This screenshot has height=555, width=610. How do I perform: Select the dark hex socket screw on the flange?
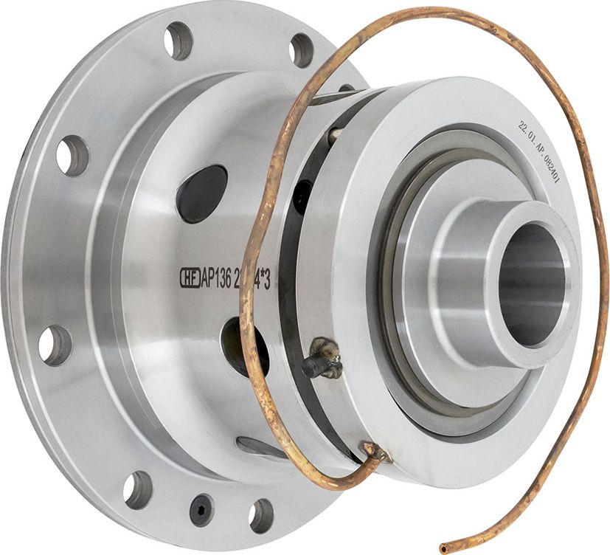pos(202,510)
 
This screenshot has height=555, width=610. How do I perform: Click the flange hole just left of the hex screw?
pos(137,489)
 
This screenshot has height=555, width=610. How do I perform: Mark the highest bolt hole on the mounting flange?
pos(179,41)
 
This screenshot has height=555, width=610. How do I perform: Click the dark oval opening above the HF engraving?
pos(202,194)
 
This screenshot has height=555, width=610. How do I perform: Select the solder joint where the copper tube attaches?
pos(370,451)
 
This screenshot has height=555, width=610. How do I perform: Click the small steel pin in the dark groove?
pos(335,135)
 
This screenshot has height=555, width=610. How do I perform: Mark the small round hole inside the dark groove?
pos(302,198)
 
